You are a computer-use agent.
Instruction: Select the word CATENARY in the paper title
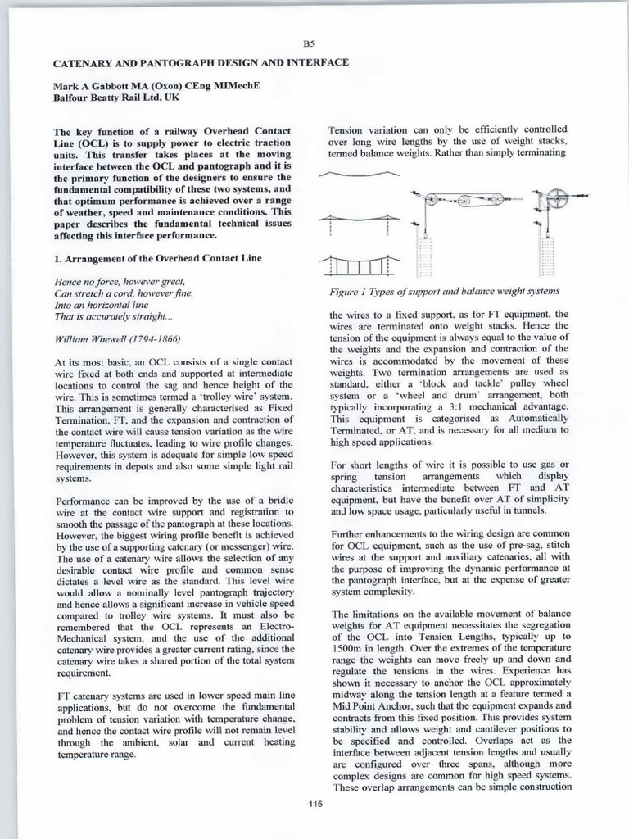(79, 62)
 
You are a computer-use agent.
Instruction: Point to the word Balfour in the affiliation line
(72, 97)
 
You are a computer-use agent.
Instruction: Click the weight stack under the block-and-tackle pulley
(423, 252)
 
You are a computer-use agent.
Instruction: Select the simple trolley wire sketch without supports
(357, 175)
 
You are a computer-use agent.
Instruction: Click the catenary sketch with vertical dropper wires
(357, 264)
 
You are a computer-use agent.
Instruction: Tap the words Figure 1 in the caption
(349, 292)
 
